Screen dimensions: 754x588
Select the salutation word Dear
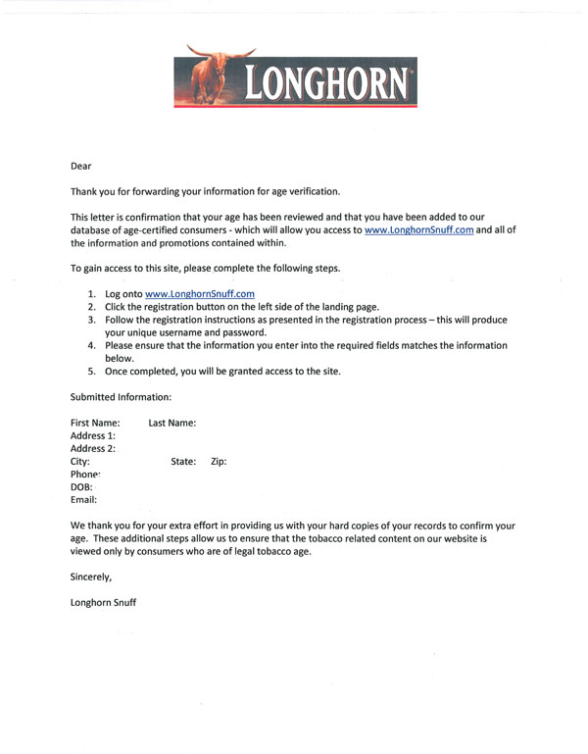click(80, 167)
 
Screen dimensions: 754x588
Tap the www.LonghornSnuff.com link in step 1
click(199, 293)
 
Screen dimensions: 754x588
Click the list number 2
click(92, 307)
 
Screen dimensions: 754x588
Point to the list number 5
click(92, 372)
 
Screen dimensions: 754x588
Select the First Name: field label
click(95, 423)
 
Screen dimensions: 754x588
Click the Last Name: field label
click(172, 423)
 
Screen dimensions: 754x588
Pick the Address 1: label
click(93, 435)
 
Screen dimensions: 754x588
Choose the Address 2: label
click(93, 448)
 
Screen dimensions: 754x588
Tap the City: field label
click(80, 461)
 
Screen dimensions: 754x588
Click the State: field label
click(183, 461)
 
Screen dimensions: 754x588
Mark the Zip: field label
click(219, 461)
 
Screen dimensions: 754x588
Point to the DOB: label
click(82, 486)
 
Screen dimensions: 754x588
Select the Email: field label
click(84, 499)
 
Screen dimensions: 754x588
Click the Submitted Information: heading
click(121, 397)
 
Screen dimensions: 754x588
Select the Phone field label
click(86, 474)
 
